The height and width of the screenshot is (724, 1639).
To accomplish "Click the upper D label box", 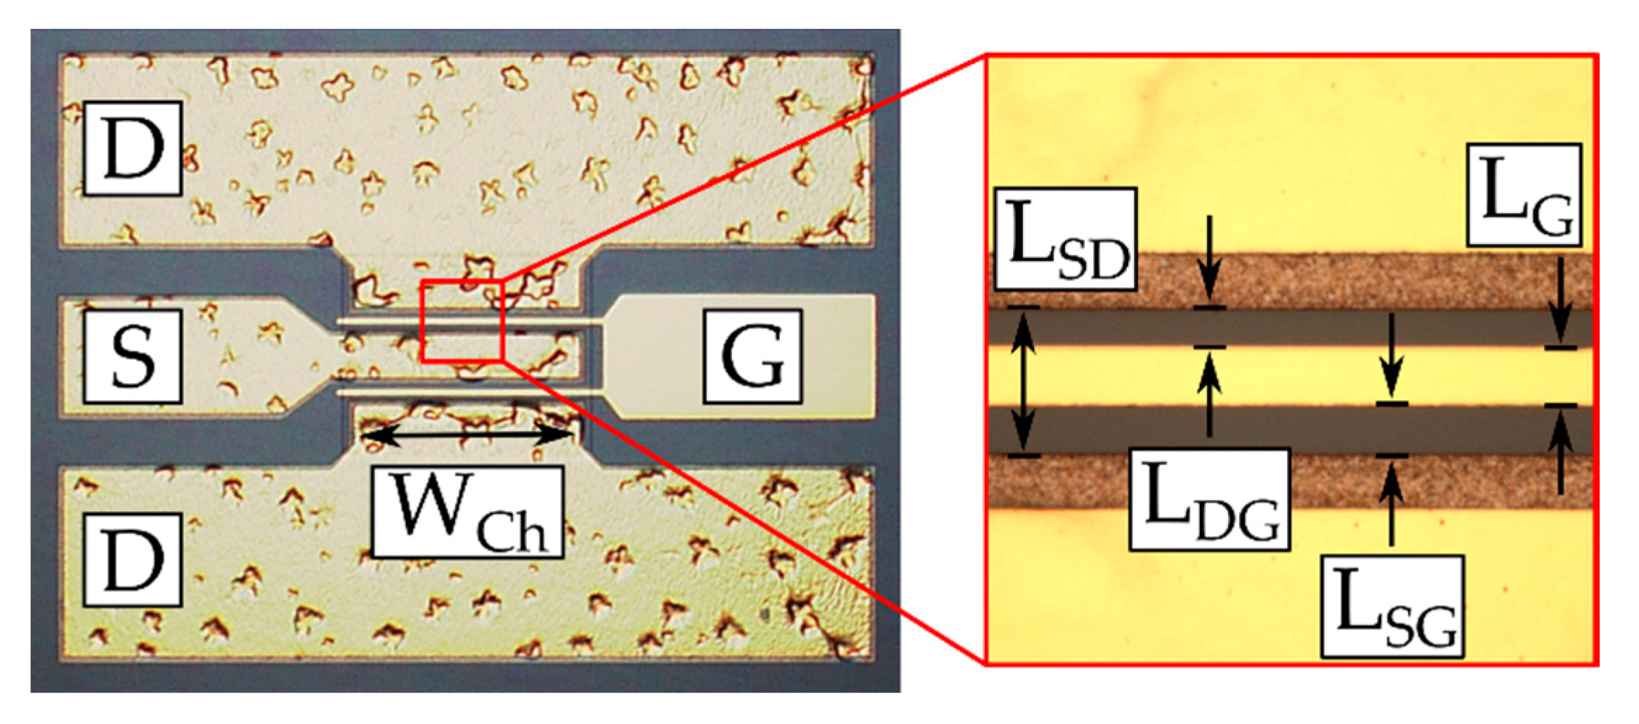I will (x=133, y=148).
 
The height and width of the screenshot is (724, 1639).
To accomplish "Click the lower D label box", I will (x=133, y=560).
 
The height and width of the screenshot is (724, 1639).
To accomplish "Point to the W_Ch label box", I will (x=467, y=512).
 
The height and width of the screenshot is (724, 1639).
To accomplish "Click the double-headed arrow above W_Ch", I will (x=467, y=435).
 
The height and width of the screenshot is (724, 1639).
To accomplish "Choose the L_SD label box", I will (x=1065, y=239).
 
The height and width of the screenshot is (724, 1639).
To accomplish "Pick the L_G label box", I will (x=1524, y=195).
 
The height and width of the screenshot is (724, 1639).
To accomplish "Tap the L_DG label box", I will (x=1209, y=499).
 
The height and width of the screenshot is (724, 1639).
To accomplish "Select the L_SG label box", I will (x=1392, y=607).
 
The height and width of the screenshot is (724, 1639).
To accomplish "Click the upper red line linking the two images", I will (x=738, y=169).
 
